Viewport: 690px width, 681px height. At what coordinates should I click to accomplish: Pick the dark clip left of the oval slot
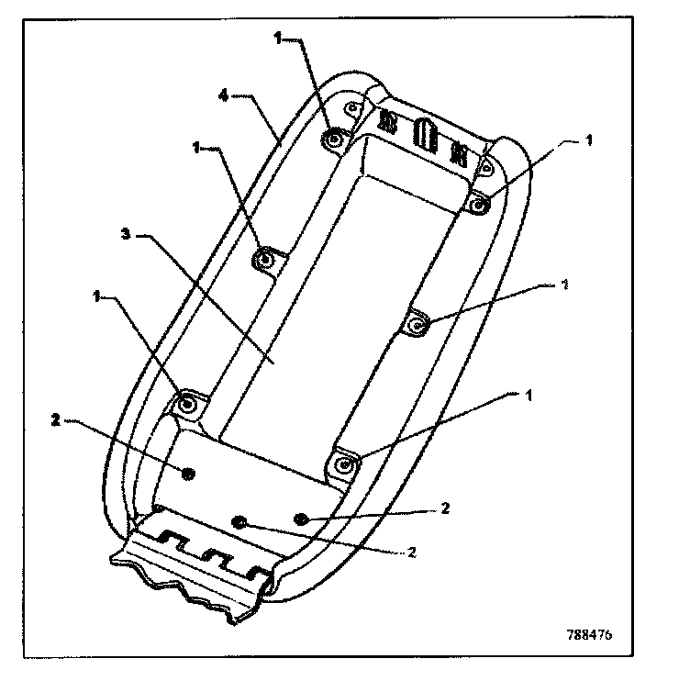(387, 121)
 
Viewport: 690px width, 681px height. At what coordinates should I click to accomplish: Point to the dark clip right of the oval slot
(458, 150)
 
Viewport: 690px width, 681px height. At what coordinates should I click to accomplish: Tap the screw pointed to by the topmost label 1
(333, 139)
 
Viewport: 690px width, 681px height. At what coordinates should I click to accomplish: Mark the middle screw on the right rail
(417, 323)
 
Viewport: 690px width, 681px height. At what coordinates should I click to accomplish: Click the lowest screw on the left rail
(188, 403)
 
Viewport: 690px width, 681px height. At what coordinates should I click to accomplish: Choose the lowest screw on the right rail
(344, 463)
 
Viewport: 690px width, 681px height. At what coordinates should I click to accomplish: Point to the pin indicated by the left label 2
(188, 472)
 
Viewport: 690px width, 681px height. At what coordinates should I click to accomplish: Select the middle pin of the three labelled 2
(240, 522)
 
